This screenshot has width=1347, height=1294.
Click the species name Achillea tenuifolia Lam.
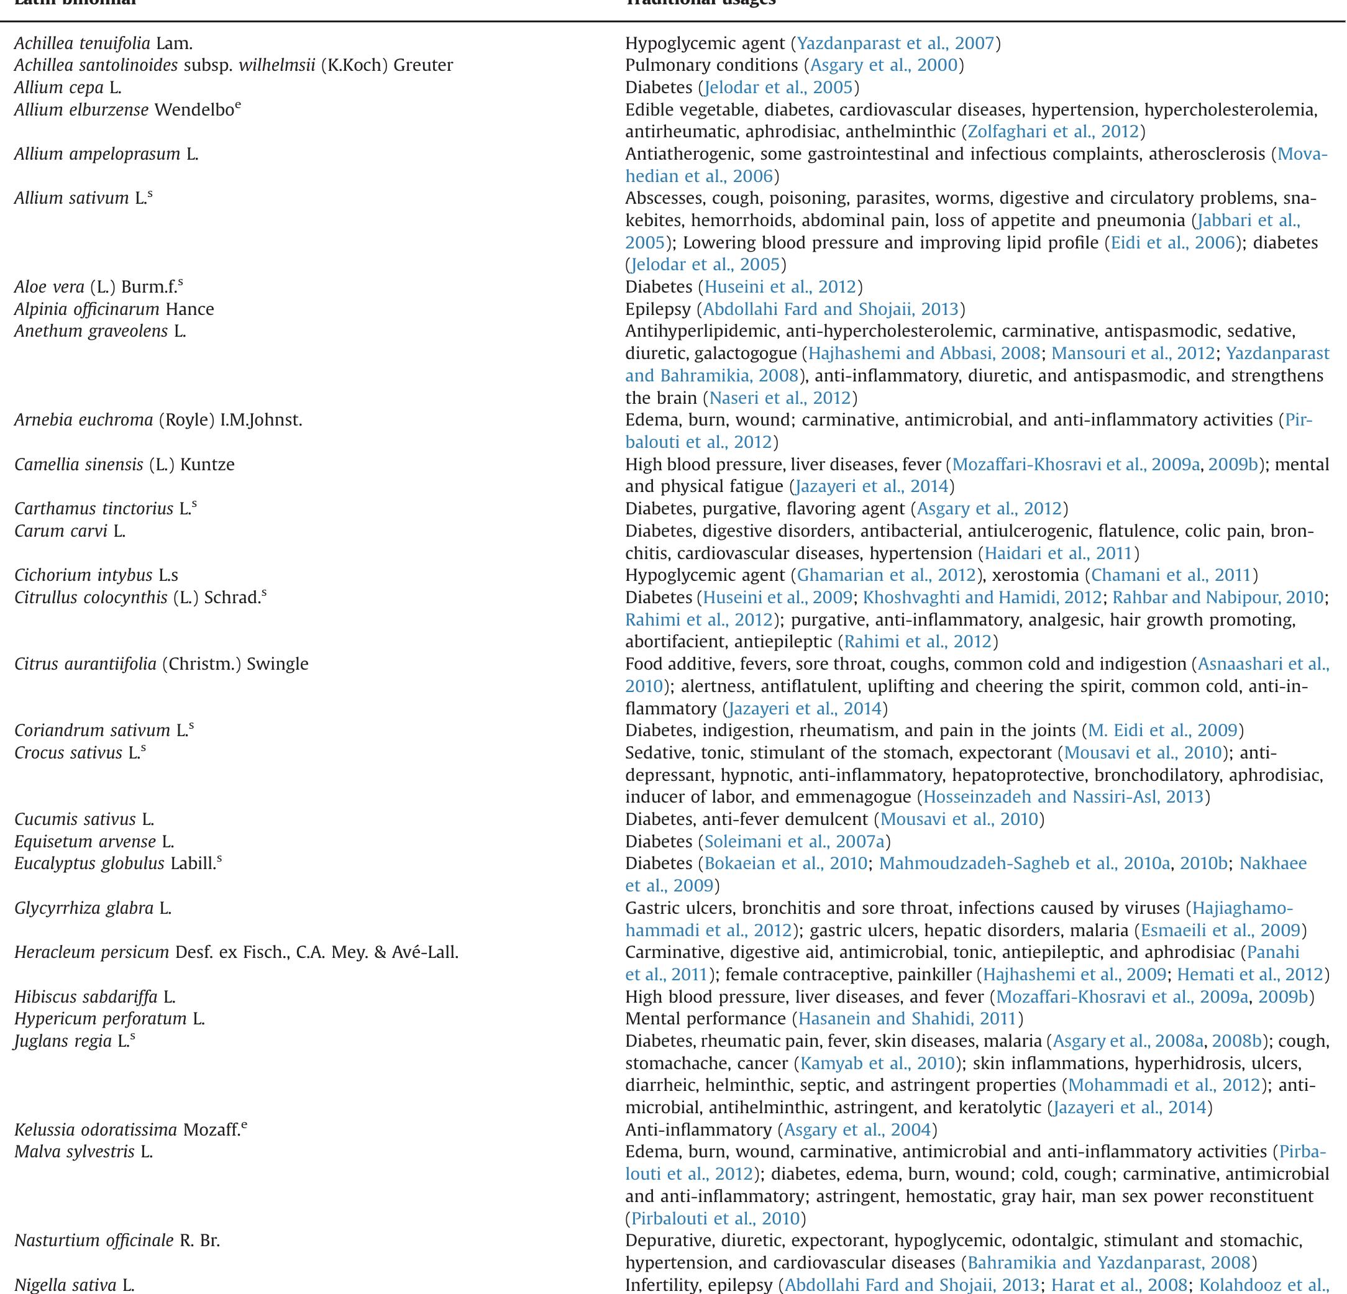pyautogui.click(x=103, y=43)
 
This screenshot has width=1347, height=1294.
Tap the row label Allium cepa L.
pyautogui.click(x=67, y=87)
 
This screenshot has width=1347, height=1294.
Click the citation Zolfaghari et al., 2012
pyautogui.click(x=1053, y=131)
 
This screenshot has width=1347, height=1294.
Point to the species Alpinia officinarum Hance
pyautogui.click(x=114, y=309)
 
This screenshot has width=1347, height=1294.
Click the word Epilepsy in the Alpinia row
pyautogui.click(x=657, y=309)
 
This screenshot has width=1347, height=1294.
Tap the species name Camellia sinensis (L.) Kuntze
pyautogui.click(x=124, y=465)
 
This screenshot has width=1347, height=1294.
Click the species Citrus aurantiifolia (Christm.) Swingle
pyautogui.click(x=161, y=664)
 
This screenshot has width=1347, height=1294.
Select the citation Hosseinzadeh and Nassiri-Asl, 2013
pyautogui.click(x=1063, y=796)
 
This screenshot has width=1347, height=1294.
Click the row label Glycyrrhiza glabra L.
pyautogui.click(x=93, y=908)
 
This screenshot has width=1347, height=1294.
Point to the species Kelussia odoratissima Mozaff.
pyautogui.click(x=130, y=1130)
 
